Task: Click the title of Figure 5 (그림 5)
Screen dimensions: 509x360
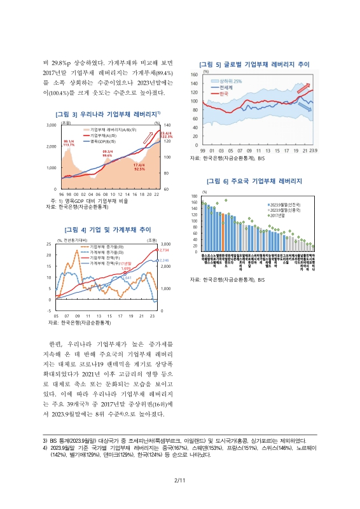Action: click(x=254, y=64)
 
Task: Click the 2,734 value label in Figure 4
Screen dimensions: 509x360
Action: click(x=163, y=251)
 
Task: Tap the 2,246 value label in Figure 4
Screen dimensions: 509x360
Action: click(x=163, y=261)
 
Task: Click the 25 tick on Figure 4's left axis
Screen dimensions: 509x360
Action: click(x=49, y=244)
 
